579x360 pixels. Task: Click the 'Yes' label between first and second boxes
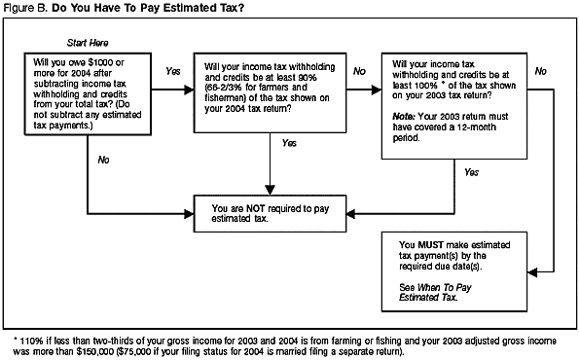point(173,71)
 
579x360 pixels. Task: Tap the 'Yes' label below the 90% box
point(288,144)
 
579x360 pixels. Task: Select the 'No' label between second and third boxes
point(358,71)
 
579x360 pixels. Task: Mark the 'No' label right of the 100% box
point(540,71)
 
